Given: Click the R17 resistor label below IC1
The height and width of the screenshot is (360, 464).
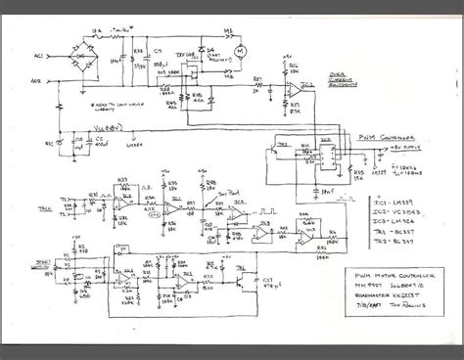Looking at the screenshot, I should pos(317,106).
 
